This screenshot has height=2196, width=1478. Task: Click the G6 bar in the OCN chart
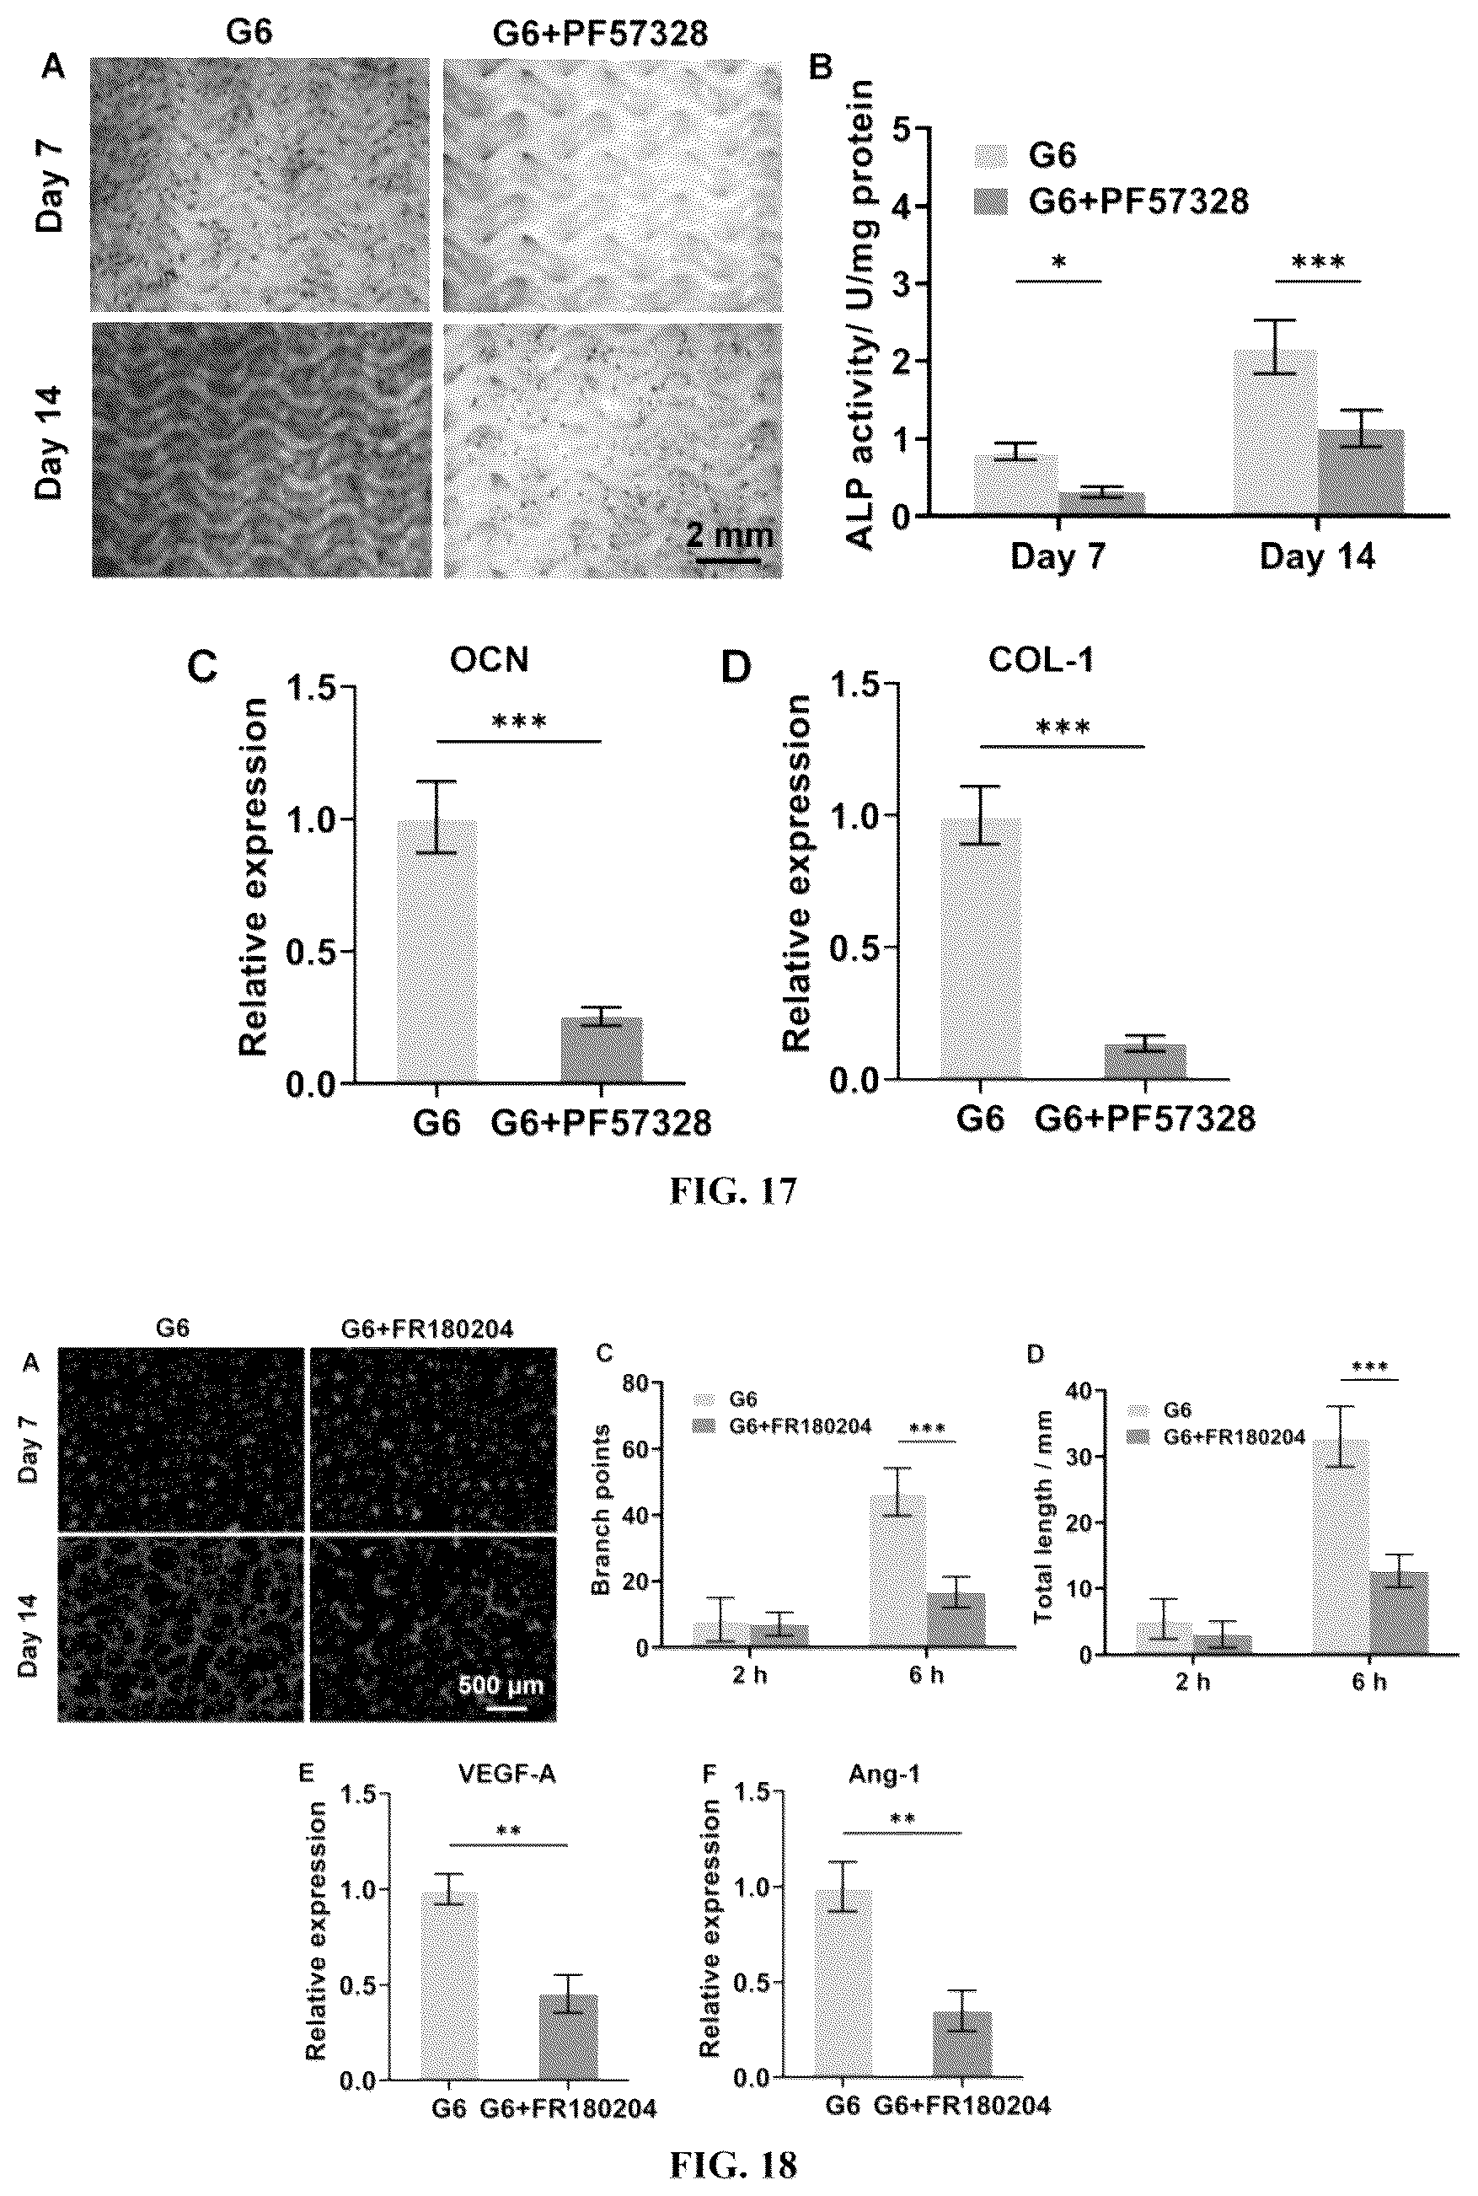(436, 952)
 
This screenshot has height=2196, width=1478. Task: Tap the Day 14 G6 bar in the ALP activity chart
(1275, 432)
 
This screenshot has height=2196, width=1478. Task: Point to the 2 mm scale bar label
(730, 535)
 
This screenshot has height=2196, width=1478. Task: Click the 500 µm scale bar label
(501, 1685)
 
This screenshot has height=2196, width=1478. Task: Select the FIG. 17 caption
(733, 1191)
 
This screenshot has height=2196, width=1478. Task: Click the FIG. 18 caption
(733, 2165)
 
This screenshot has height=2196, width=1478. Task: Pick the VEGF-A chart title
(507, 1775)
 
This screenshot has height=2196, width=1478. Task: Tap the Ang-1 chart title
(884, 1774)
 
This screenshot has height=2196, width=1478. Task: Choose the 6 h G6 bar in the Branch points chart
(897, 1570)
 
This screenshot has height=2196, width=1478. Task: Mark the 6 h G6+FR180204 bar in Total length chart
(1399, 1613)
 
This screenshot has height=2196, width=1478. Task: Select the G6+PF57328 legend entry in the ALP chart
(1111, 201)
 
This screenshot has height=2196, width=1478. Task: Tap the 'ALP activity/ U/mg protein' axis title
(859, 315)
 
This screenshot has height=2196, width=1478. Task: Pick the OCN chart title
(490, 659)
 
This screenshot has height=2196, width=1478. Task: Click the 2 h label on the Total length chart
(1192, 1682)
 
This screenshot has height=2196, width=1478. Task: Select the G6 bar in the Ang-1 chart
(843, 1983)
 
